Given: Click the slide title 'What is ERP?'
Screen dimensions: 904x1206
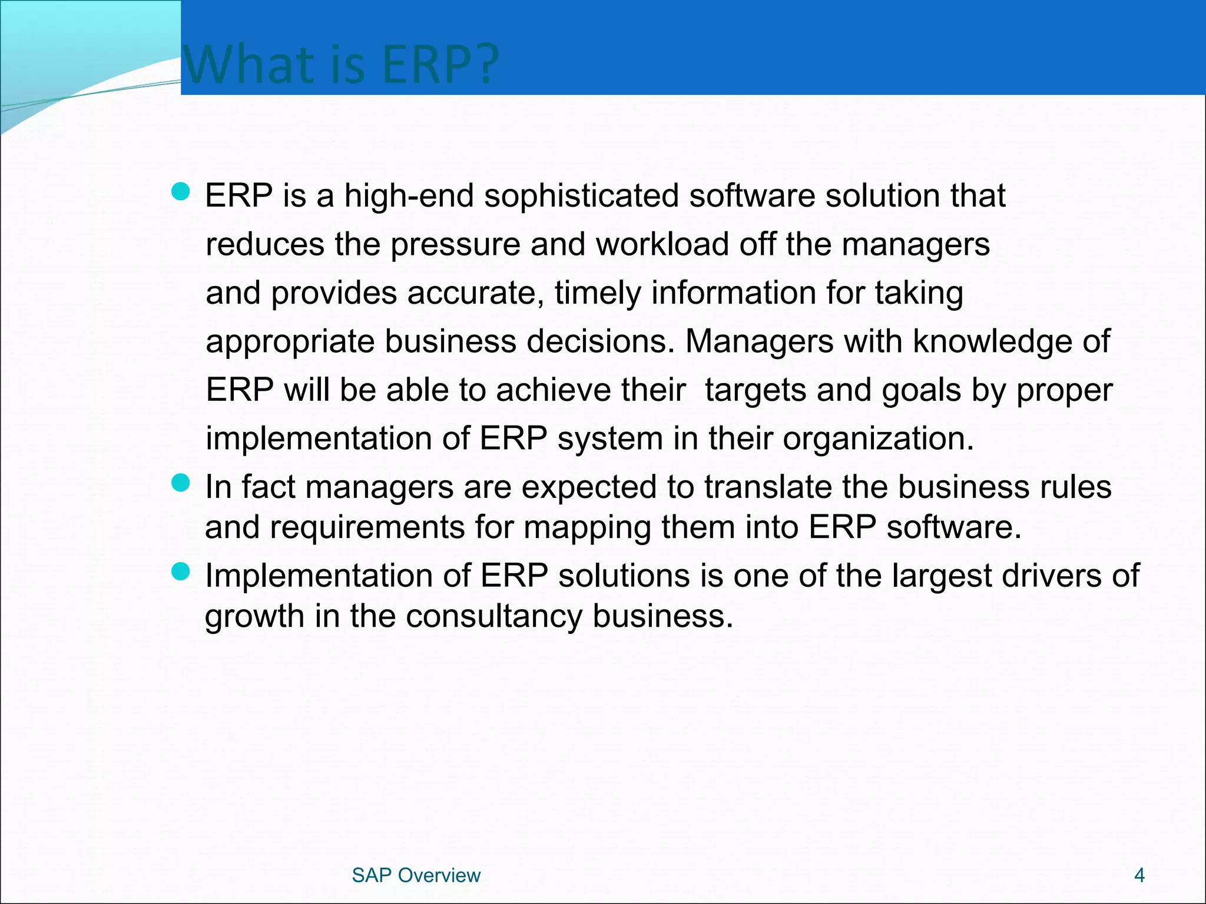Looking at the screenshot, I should (341, 64).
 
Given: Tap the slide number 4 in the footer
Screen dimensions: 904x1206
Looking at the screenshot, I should (1139, 875).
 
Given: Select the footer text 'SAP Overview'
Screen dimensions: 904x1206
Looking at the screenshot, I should (416, 875).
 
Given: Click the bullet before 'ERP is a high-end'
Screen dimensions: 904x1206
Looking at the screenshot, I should (180, 191).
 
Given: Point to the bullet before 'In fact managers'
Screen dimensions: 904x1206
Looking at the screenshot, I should (180, 483).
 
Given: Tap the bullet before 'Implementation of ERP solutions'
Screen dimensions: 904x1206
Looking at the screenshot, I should (180, 571).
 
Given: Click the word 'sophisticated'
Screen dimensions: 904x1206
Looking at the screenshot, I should (581, 196).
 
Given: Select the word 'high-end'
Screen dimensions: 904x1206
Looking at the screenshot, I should (409, 196).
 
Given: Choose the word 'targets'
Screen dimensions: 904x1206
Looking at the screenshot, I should (755, 391).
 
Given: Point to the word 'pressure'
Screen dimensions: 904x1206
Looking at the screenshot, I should (455, 245).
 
